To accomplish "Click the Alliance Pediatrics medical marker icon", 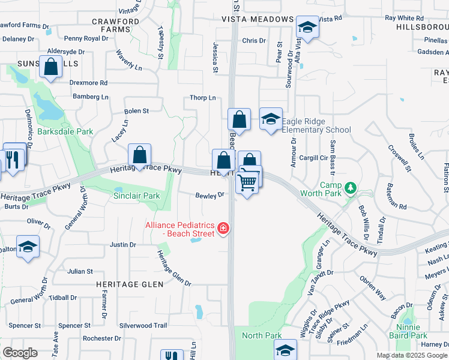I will click(223, 227).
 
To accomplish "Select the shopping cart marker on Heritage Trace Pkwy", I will click(247, 182).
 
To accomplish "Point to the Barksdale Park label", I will click(65, 131).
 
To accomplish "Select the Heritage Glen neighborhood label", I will click(129, 284).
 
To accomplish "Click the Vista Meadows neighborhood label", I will click(256, 19).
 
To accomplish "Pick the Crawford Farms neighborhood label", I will click(116, 25).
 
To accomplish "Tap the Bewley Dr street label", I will click(209, 194).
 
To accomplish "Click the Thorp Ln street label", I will click(202, 98).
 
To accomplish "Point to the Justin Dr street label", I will click(123, 245).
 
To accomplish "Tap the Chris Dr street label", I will click(254, 41).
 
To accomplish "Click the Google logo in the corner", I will click(20, 353).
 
